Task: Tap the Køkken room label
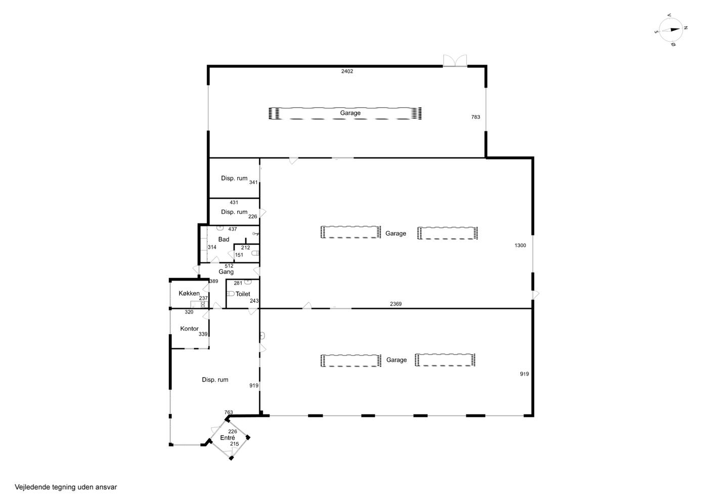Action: click(x=189, y=293)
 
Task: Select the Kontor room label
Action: click(x=189, y=329)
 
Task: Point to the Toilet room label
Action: click(x=243, y=294)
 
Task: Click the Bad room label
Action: click(x=224, y=239)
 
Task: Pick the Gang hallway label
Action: click(x=226, y=272)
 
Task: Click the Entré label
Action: click(x=228, y=438)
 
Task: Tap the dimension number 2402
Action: click(x=347, y=71)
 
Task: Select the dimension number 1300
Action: click(x=520, y=245)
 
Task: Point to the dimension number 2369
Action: click(x=395, y=304)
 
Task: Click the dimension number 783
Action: click(x=476, y=117)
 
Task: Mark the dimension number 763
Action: click(x=229, y=412)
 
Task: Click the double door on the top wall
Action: click(x=455, y=60)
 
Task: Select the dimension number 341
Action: click(x=253, y=183)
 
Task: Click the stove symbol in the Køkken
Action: click(x=203, y=305)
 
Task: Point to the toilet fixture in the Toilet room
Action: click(x=231, y=294)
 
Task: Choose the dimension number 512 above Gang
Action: click(x=229, y=266)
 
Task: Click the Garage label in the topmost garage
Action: click(x=350, y=113)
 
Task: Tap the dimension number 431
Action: click(x=234, y=202)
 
